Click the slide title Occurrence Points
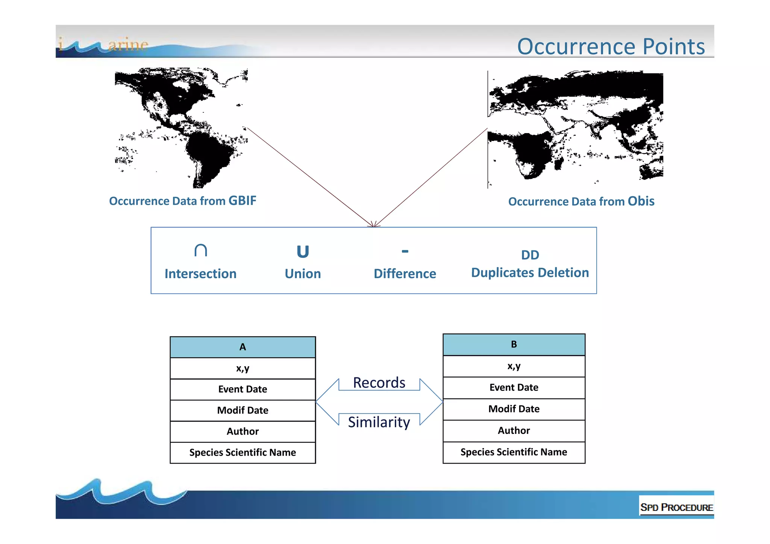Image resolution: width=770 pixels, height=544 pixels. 611,47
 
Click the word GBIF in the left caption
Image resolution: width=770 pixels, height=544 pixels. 242,201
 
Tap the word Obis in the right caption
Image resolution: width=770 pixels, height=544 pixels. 641,201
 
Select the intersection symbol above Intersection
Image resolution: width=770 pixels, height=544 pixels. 200,250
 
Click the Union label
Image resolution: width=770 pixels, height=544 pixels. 303,274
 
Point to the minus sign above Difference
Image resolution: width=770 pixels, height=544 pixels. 405,251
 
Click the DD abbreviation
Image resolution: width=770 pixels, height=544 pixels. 530,255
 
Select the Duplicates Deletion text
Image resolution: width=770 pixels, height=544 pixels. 530,273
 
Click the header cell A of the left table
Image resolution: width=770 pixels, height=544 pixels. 243,347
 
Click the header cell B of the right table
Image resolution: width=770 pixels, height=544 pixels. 514,344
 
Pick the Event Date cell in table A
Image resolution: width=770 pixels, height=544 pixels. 243,389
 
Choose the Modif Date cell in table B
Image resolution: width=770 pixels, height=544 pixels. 514,409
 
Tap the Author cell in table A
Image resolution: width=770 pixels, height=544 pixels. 243,431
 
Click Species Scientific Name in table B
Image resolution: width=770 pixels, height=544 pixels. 514,452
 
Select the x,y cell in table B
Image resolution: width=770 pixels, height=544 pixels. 514,366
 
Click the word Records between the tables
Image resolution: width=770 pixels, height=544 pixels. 379,383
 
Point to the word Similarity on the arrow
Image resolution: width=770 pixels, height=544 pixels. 379,422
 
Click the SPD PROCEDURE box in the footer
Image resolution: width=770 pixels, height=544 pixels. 676,507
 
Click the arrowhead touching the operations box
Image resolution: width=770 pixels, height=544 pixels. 374,225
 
